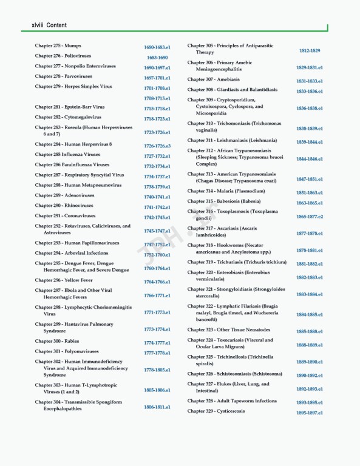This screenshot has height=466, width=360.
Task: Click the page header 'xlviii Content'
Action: tap(44, 25)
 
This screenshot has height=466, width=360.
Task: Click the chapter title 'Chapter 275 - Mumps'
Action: tap(58, 46)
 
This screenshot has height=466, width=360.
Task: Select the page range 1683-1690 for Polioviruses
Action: tap(157, 58)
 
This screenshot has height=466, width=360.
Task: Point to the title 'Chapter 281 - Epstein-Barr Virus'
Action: tap(70, 107)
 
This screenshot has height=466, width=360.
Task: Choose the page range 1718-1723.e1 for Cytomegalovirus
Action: tap(157, 119)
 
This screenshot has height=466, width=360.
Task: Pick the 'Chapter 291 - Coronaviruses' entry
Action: tap(65, 216)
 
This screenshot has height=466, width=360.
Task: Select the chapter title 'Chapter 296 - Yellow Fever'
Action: tap(64, 280)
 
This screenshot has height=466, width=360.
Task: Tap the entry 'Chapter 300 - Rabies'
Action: tap(57, 341)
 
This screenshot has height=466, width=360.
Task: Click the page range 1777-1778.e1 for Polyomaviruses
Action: tap(157, 353)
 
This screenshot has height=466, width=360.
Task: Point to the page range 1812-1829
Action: tap(310, 51)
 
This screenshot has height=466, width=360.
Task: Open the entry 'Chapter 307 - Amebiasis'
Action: tap(213, 79)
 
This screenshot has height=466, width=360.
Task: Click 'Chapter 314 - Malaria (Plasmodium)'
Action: tap(226, 191)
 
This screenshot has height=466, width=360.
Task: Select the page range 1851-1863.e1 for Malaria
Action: tap(310, 193)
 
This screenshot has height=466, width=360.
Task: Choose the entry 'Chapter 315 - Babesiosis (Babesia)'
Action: tap(224, 201)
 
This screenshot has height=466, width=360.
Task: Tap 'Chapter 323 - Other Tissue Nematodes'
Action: tap(229, 329)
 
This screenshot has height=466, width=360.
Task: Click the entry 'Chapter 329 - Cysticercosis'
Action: tap(216, 411)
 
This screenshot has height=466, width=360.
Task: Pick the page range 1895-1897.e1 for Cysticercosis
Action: tap(310, 413)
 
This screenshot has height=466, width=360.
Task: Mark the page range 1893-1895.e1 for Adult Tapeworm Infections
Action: tap(310, 402)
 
